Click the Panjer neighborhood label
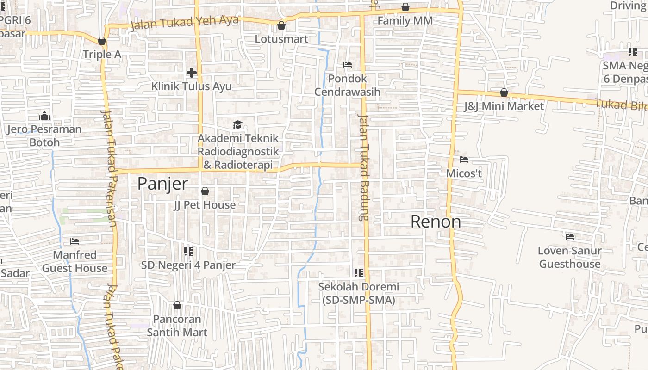coord(162,184)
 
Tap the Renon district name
coord(436,222)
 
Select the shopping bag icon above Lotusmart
coord(281,25)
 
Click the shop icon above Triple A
coord(102,41)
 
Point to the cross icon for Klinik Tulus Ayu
coord(192,73)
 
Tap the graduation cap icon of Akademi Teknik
coord(238,124)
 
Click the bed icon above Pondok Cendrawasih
coord(348,65)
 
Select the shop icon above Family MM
coord(405,7)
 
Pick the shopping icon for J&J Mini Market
coord(504,93)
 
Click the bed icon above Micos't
coord(464,160)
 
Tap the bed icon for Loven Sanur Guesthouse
coord(570,237)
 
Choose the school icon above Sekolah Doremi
coord(358,273)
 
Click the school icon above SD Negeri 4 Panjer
coord(188,252)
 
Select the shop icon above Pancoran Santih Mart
coord(177,306)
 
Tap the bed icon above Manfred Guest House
coord(75,241)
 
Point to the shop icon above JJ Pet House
coord(205,191)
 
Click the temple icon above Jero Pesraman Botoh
coord(44,115)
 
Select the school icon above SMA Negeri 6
coord(632,52)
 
